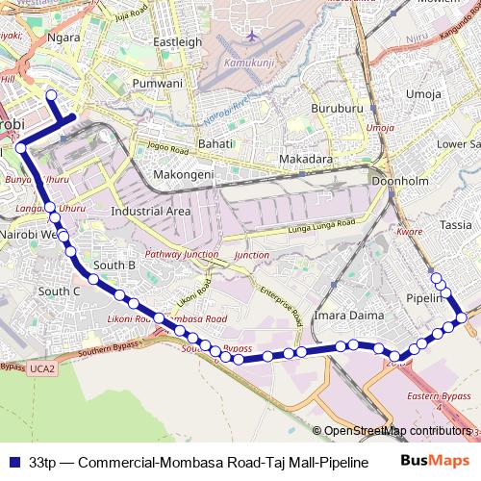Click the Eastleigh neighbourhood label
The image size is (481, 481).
177,42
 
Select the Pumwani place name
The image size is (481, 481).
159,84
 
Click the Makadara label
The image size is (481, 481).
306,159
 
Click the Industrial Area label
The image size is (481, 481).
151,211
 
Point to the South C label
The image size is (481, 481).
63,291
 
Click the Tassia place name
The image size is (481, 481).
455,223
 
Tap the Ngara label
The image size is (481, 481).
63,38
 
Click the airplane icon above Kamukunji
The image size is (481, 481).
252,36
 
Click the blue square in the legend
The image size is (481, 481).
13,461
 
